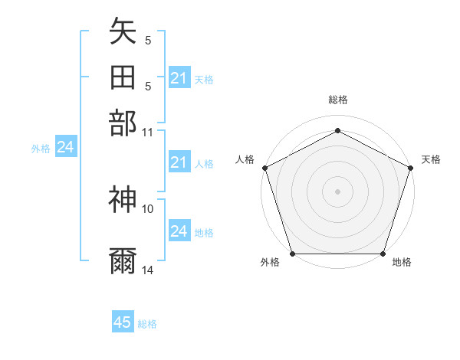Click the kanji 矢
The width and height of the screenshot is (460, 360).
[123, 32]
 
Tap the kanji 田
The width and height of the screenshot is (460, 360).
[123, 77]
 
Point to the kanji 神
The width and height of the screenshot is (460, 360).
[123, 200]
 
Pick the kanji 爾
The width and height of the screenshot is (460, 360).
[123, 261]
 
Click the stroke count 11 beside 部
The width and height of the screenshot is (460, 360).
[148, 131]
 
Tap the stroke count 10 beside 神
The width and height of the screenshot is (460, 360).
[148, 208]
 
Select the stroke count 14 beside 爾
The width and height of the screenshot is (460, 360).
[148, 270]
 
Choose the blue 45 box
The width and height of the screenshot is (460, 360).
[123, 322]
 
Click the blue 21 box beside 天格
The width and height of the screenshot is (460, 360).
[179, 78]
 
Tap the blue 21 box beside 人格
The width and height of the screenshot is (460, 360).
[179, 162]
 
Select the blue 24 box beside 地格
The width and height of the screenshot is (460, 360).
[179, 231]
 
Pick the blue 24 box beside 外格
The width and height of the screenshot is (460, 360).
[65, 148]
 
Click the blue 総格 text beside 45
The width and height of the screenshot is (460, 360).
[147, 324]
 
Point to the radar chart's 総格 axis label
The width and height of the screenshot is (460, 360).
[338, 100]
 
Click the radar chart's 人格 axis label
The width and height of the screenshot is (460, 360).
[246, 159]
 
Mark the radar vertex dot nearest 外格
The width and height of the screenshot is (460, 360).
[293, 254]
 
